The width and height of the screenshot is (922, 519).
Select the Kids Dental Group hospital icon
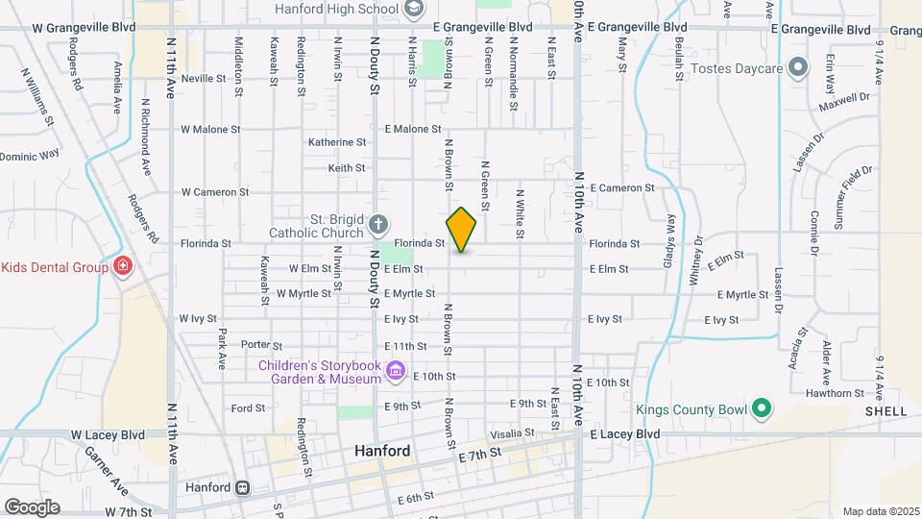click(123, 266)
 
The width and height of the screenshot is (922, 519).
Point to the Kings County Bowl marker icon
click(761, 409)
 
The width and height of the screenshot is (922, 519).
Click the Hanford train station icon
click(244, 487)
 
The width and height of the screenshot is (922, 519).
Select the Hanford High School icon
click(414, 9)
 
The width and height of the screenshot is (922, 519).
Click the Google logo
click(32, 507)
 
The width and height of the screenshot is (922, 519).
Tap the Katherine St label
click(337, 142)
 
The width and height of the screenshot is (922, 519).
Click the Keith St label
click(347, 167)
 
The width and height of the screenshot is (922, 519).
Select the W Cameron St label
click(214, 192)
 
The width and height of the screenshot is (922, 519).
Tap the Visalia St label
click(516, 433)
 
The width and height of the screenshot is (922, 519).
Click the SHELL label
click(886, 411)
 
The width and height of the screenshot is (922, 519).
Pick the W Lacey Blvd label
click(108, 434)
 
